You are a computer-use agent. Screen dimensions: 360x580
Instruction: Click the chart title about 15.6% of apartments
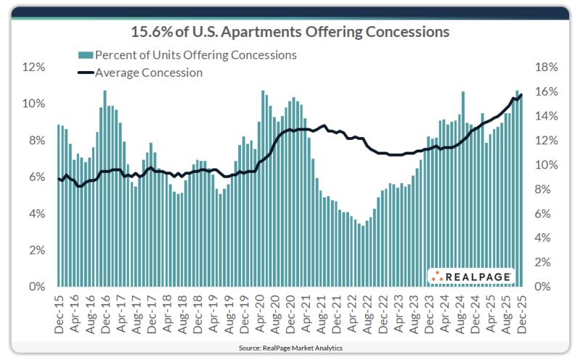(290, 32)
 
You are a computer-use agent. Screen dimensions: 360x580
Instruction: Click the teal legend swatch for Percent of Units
(85, 55)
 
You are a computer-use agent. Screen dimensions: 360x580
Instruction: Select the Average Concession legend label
(149, 73)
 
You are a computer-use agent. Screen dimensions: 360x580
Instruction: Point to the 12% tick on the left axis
(34, 67)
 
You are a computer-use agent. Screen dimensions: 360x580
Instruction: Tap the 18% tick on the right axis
(546, 67)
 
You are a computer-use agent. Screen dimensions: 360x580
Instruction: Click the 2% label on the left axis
(36, 250)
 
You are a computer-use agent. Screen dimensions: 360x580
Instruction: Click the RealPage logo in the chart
(472, 276)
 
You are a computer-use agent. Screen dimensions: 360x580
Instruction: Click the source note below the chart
(290, 348)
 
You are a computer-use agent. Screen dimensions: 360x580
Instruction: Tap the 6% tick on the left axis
(36, 177)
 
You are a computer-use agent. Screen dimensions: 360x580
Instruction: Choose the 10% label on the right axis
(546, 165)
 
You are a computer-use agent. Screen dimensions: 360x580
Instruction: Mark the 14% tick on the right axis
(546, 116)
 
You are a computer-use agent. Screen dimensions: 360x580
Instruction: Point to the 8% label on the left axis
(36, 140)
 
